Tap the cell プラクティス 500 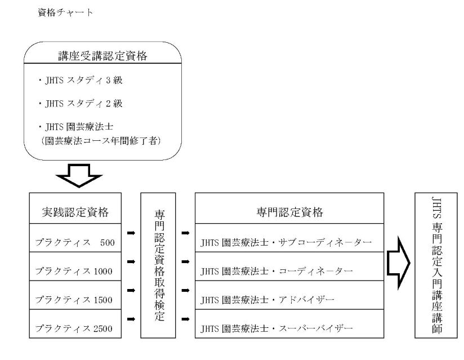pyautogui.click(x=75, y=243)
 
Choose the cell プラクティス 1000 pyautogui.click(x=75, y=271)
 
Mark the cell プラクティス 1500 pyautogui.click(x=75, y=299)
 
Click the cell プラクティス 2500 pyautogui.click(x=75, y=327)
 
